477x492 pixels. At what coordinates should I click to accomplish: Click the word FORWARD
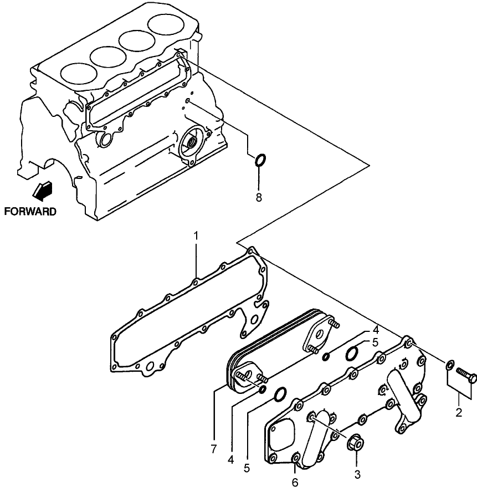pos(30,211)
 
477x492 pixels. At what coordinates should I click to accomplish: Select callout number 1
pos(196,237)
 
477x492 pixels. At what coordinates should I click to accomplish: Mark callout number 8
pos(259,197)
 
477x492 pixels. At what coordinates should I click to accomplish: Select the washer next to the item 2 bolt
pos(450,365)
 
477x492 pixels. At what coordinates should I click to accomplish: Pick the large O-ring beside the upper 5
pos(352,353)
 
